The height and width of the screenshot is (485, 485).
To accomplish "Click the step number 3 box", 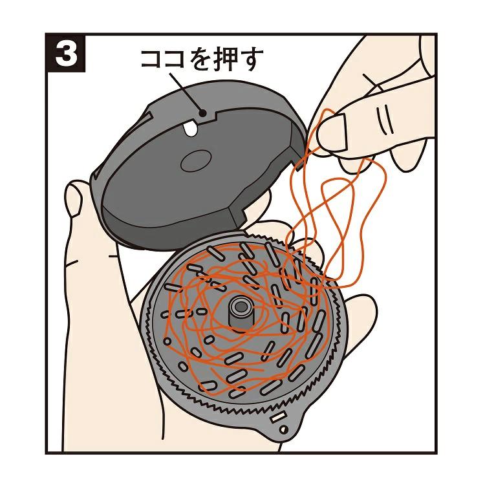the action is pyautogui.click(x=66, y=53).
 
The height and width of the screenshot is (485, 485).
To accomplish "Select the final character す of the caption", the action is pyautogui.click(x=248, y=59).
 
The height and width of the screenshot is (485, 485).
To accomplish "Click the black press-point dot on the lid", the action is pyautogui.click(x=202, y=113).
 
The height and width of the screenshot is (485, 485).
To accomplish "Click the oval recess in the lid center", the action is pyautogui.click(x=196, y=160).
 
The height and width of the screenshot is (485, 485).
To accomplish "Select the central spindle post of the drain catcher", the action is pyautogui.click(x=240, y=312).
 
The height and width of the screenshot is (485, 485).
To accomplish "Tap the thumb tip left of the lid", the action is pyautogui.click(x=73, y=198).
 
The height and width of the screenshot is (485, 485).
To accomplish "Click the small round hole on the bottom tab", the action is pyautogui.click(x=283, y=429).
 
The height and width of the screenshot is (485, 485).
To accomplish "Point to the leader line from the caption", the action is pyautogui.click(x=186, y=92).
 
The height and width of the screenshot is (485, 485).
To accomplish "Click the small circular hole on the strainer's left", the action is pyautogui.click(x=167, y=341).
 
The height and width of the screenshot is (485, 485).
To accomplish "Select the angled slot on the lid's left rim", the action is pyautogui.click(x=145, y=119).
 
